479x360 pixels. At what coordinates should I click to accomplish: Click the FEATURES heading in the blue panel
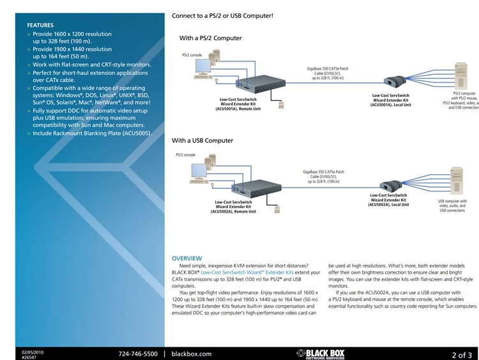(x=40, y=25)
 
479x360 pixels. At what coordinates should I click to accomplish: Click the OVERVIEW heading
(x=186, y=258)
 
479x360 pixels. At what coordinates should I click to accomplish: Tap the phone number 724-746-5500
(x=137, y=354)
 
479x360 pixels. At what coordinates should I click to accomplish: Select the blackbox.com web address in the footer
(x=192, y=354)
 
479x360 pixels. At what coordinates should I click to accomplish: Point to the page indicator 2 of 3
(x=461, y=354)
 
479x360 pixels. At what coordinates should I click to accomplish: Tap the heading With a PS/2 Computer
(x=210, y=38)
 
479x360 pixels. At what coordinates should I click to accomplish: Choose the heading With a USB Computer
(x=202, y=140)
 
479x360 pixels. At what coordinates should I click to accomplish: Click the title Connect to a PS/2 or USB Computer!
(x=222, y=15)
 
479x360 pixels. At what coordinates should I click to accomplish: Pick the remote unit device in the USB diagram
(x=258, y=186)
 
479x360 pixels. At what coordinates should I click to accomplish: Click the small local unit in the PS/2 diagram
(x=393, y=81)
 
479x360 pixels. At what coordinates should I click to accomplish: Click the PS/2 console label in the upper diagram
(x=192, y=56)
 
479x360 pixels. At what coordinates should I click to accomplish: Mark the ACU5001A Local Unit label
(x=391, y=100)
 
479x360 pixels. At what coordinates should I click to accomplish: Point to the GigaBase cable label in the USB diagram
(x=323, y=176)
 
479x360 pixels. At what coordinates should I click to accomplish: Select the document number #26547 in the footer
(x=29, y=357)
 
